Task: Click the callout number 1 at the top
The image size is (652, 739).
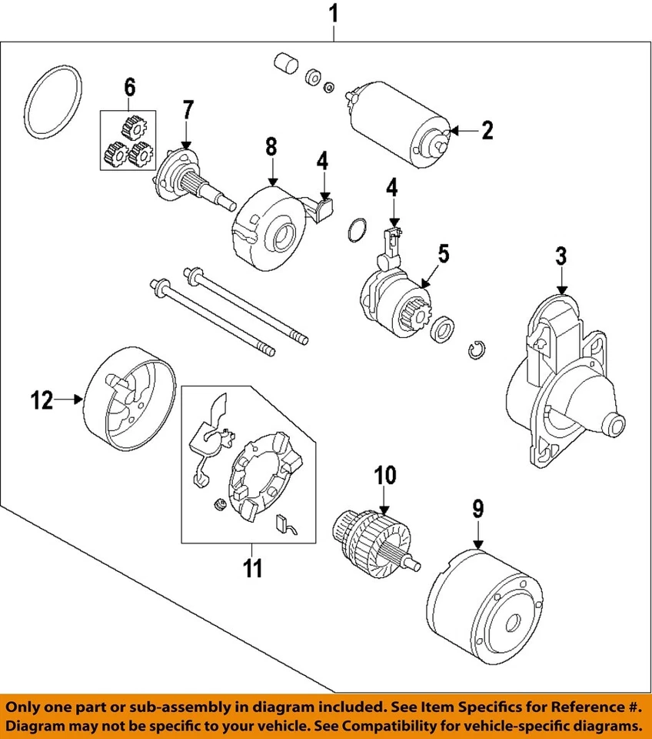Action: (x=334, y=13)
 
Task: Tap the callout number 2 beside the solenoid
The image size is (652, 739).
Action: (x=486, y=131)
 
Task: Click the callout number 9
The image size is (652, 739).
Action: (x=477, y=509)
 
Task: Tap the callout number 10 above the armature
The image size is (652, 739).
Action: (x=384, y=475)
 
